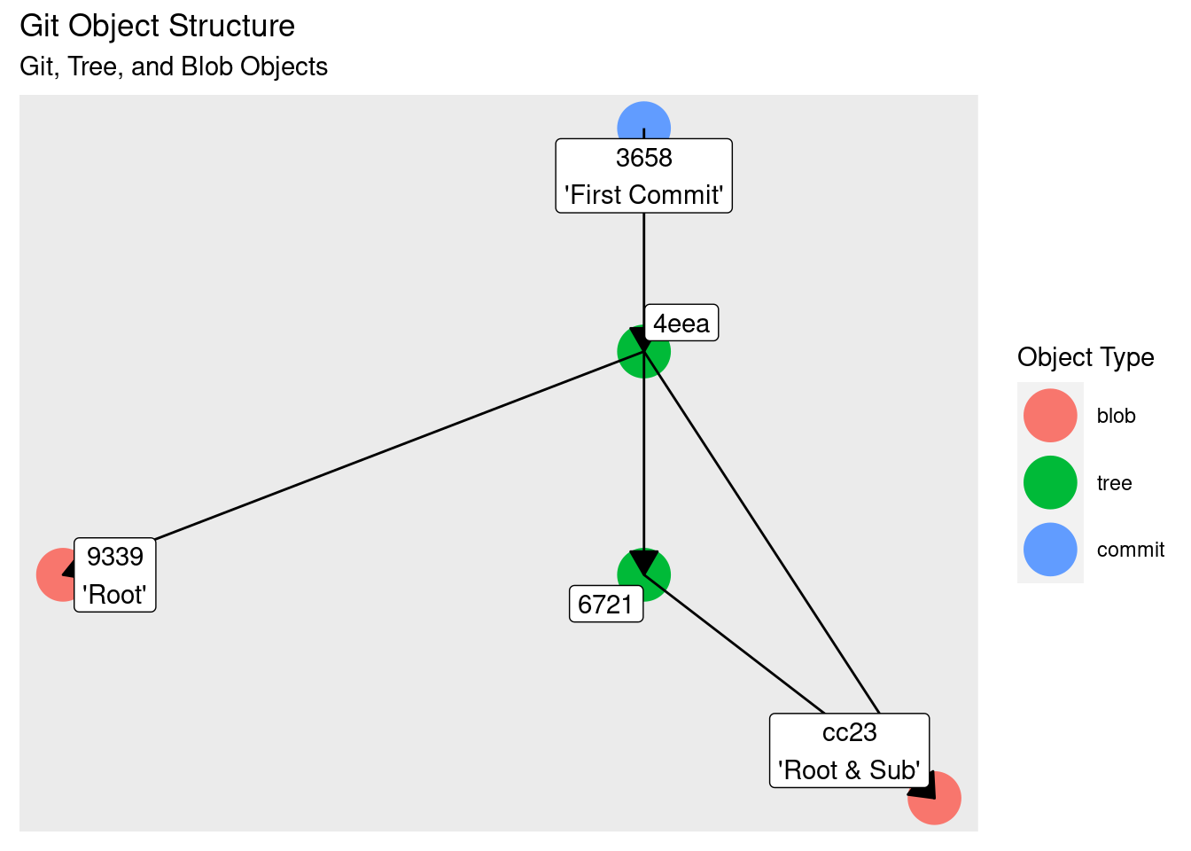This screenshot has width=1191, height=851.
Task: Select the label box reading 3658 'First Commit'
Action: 643,176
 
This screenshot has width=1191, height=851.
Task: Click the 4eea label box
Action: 681,324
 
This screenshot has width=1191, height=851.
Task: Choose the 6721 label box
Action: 605,605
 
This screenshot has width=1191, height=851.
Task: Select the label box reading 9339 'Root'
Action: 115,575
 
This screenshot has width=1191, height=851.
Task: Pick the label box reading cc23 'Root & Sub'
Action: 849,751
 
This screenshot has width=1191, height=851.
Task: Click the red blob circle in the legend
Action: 1050,416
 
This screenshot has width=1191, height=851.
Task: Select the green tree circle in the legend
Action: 1050,483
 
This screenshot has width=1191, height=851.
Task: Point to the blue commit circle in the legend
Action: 1050,550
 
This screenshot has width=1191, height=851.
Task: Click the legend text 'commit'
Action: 1130,550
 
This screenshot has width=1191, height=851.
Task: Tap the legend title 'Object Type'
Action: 1086,357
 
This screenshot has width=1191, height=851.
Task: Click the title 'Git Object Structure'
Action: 157,27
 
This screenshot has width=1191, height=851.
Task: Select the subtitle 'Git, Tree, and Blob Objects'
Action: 174,66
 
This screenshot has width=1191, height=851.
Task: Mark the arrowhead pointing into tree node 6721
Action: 643,562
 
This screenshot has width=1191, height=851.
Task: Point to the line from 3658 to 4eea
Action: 643,266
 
